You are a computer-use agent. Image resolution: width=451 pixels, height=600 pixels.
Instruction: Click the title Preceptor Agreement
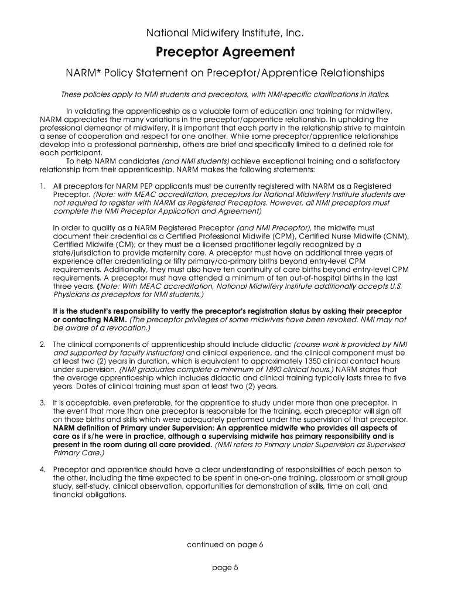pos(225,53)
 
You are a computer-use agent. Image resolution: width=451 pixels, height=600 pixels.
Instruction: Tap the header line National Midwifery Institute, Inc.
pos(225,33)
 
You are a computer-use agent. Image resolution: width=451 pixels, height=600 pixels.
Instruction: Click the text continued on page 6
pos(225,544)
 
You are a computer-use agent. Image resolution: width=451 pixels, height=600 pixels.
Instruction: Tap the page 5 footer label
pos(225,567)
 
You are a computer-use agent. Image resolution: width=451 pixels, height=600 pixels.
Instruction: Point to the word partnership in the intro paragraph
pos(159,144)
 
